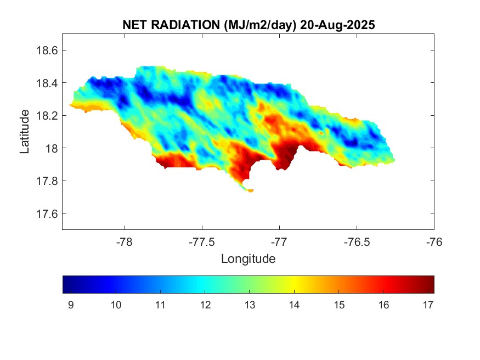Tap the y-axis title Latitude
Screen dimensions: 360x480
25,132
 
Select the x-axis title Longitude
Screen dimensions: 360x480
248,258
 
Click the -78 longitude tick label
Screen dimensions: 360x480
125,241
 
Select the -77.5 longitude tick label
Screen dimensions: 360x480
202,241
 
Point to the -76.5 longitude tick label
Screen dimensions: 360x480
357,241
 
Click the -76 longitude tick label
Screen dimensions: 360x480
434,241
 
